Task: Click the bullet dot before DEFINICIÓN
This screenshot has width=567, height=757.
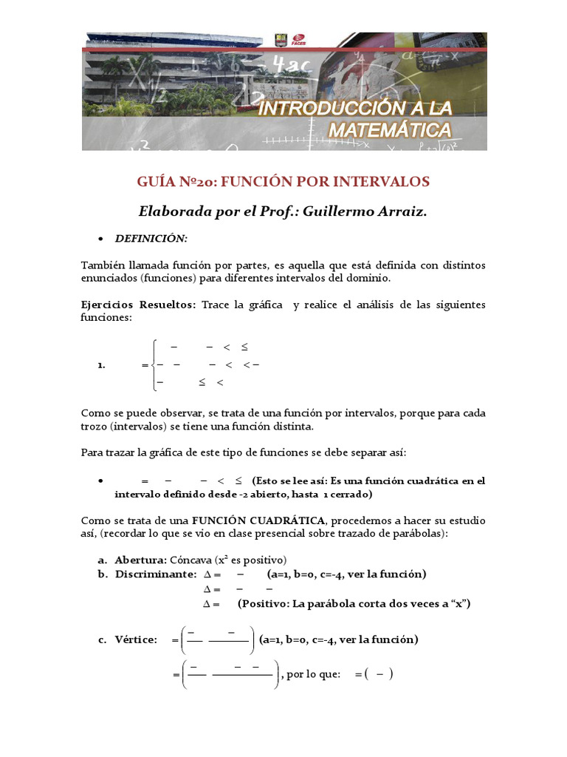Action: (x=100, y=239)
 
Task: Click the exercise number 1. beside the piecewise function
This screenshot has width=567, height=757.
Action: (x=102, y=364)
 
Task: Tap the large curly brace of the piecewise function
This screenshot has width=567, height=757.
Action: (x=151, y=364)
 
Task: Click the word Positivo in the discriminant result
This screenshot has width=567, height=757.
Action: (x=265, y=604)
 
